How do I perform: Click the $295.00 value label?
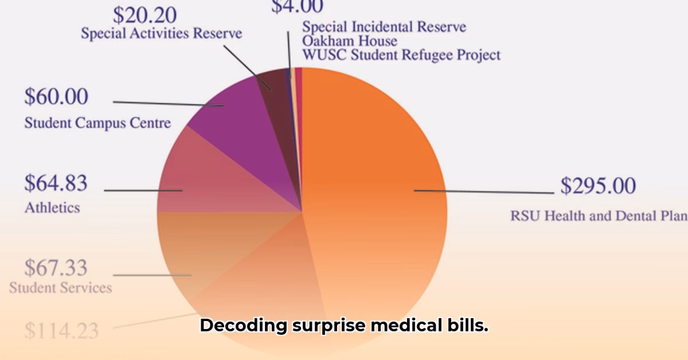598,186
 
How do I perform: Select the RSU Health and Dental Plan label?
599,216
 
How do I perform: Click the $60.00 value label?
56,97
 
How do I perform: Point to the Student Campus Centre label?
97,123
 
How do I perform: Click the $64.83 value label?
56,183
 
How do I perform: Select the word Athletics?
52,208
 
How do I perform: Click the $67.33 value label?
56,268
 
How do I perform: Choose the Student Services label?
60,287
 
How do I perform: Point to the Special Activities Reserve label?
161,33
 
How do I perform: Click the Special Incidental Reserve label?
384,26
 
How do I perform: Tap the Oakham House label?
349,41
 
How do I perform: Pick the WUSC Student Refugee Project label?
401,55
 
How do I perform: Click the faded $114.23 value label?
61,331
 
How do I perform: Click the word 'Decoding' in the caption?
243,326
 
